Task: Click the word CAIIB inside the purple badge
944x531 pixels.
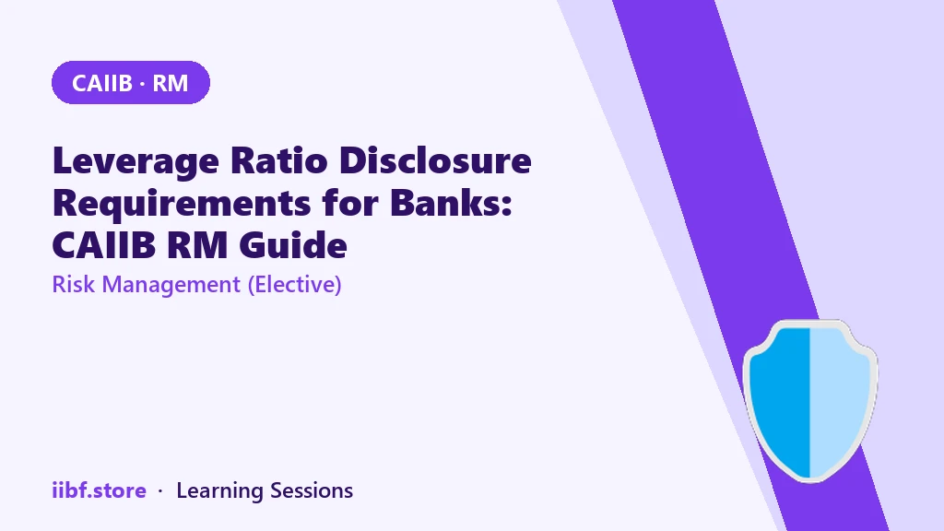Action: point(101,83)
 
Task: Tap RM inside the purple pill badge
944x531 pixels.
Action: point(171,83)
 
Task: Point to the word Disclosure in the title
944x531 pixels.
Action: point(435,160)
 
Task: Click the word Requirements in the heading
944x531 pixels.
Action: point(182,204)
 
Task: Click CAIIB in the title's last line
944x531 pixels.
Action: point(103,245)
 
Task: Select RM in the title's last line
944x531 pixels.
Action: point(197,245)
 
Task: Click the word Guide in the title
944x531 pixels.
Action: point(293,245)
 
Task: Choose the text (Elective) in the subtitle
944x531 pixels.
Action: point(294,285)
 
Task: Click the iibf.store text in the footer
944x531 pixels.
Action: point(100,490)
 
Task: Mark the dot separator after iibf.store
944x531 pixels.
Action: point(160,491)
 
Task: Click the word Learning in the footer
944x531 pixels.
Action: point(219,491)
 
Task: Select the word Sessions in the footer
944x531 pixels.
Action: point(312,490)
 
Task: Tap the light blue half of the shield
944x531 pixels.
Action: point(839,397)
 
